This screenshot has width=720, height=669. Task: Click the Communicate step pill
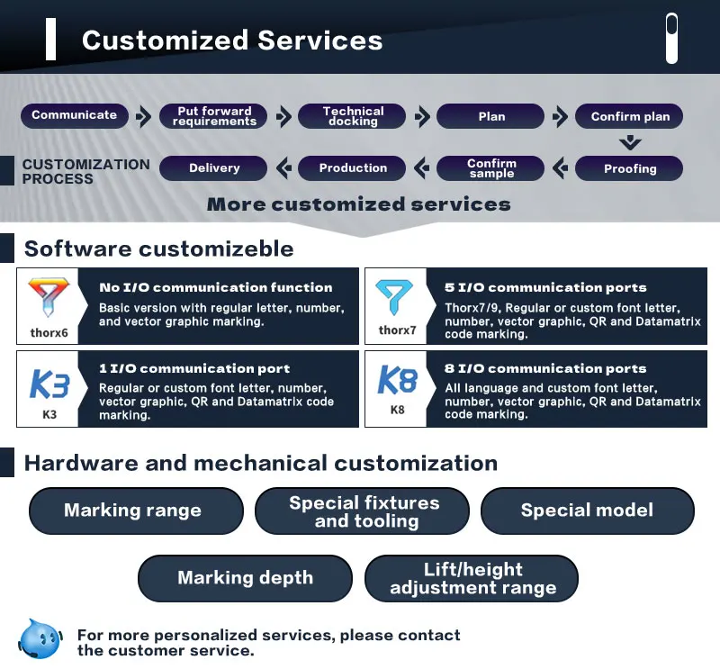[x=75, y=115]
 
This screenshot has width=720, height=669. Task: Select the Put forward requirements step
[x=214, y=116]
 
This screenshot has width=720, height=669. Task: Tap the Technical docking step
[x=353, y=116]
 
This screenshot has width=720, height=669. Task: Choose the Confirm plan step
[x=630, y=116]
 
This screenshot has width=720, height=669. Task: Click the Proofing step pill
[x=630, y=168]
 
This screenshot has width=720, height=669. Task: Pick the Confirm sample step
[x=491, y=168]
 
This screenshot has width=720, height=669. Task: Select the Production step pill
[x=353, y=168]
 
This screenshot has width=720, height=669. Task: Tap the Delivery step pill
[x=214, y=168]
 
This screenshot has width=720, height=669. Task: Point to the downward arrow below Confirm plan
[x=630, y=142]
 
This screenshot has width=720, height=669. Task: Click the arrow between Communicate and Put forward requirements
[x=143, y=116]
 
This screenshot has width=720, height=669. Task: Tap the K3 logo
[x=49, y=382]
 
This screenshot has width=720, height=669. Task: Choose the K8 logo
[x=397, y=380]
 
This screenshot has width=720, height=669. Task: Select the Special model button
[x=587, y=511]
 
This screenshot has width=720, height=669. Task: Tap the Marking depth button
[x=245, y=578]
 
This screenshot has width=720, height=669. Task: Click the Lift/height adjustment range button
[x=472, y=578]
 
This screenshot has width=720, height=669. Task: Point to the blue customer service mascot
[x=40, y=638]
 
